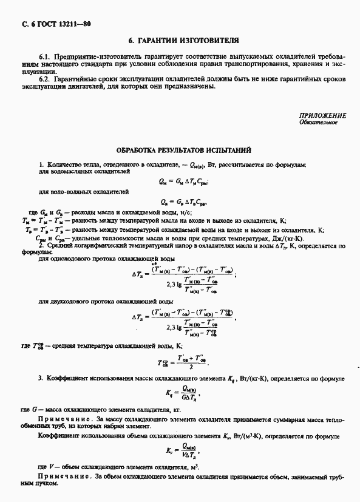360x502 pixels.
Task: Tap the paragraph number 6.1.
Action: click(43, 55)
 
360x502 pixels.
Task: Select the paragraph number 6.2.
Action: click(43, 79)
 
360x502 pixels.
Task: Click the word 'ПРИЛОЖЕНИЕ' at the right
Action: click(322, 115)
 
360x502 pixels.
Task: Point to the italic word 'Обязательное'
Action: click(322, 123)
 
